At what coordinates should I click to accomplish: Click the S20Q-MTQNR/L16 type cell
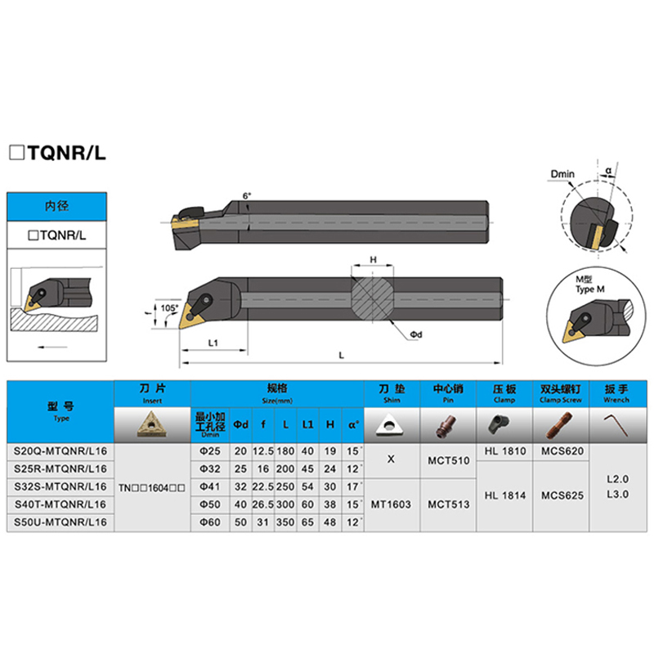click(60, 450)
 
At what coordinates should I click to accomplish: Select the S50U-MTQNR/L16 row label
click(60, 520)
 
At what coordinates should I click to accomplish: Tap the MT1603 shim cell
click(391, 504)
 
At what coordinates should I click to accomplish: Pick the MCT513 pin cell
click(449, 504)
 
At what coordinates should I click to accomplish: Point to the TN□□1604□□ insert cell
click(152, 486)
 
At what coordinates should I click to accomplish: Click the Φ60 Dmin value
click(210, 520)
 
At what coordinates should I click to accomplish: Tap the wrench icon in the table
click(615, 423)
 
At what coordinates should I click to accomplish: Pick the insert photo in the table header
click(152, 423)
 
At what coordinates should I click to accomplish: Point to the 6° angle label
click(247, 196)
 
